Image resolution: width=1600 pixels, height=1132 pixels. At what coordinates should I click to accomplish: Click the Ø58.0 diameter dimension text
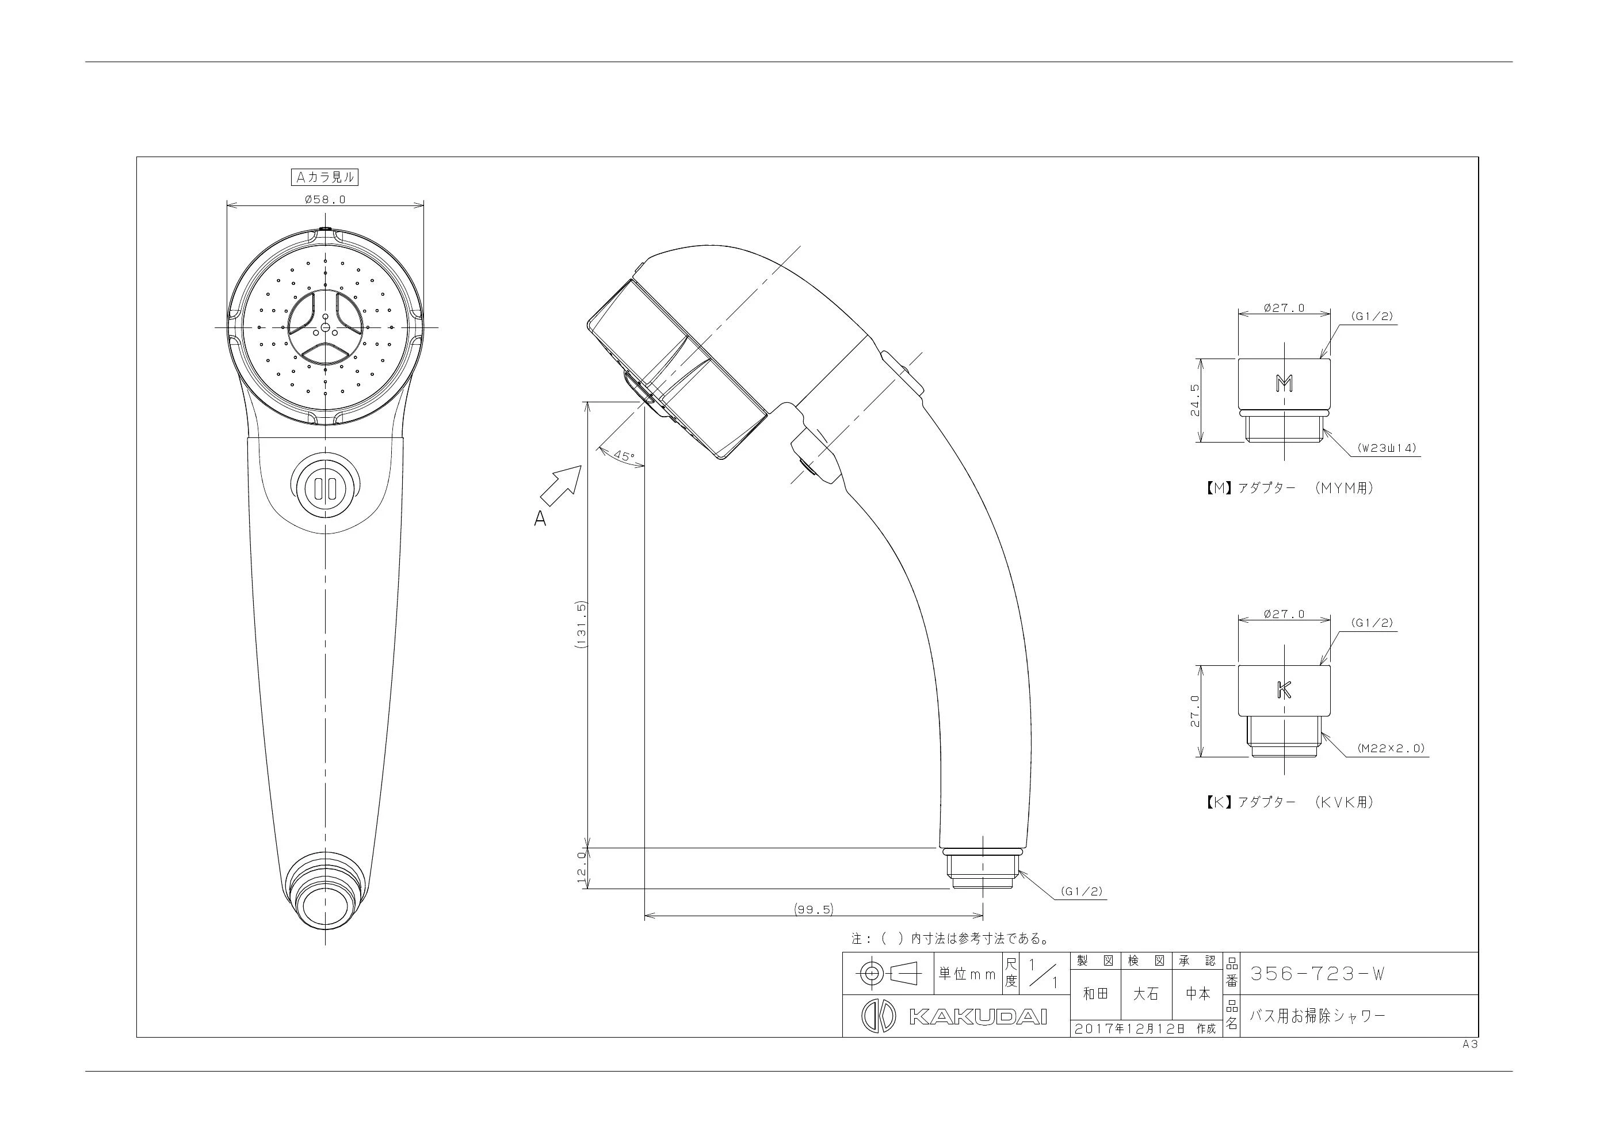tap(326, 199)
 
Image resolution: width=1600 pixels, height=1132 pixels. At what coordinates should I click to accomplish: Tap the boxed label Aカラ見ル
tap(324, 178)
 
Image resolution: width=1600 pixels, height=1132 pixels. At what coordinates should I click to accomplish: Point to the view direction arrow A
tap(561, 486)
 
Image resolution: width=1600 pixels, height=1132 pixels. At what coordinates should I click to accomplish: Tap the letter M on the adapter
tap(1284, 383)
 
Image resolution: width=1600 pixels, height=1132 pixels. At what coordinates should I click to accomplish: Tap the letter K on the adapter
tap(1284, 689)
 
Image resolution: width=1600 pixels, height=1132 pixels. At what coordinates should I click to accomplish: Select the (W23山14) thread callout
tap(1387, 448)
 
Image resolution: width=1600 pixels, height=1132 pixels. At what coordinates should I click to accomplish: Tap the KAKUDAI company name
tap(977, 1017)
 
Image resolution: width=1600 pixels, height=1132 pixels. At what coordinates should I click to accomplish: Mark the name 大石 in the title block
tap(1146, 994)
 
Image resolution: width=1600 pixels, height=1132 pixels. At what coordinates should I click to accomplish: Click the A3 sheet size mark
tap(1471, 1044)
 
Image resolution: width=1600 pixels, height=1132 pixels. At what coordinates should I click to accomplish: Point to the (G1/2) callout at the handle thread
tap(1082, 891)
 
